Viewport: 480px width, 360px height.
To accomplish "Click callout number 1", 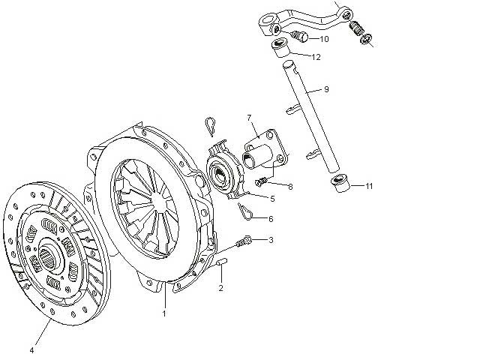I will (x=164, y=313).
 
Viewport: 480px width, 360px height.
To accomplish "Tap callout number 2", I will (x=221, y=288).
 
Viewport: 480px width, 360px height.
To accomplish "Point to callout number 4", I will (x=32, y=349).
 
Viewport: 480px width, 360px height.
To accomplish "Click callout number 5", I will (x=272, y=199).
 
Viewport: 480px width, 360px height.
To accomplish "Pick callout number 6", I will (x=271, y=219).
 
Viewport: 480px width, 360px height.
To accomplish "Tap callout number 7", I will (x=248, y=118).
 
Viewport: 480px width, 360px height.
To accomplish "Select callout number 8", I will (x=289, y=186).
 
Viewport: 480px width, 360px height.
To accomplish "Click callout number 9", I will (x=326, y=89).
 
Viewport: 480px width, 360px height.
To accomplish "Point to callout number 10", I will (x=325, y=38).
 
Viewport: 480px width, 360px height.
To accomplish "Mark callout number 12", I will (x=316, y=56).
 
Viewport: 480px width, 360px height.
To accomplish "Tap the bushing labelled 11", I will (x=340, y=183).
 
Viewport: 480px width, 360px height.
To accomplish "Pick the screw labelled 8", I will (x=262, y=181).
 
